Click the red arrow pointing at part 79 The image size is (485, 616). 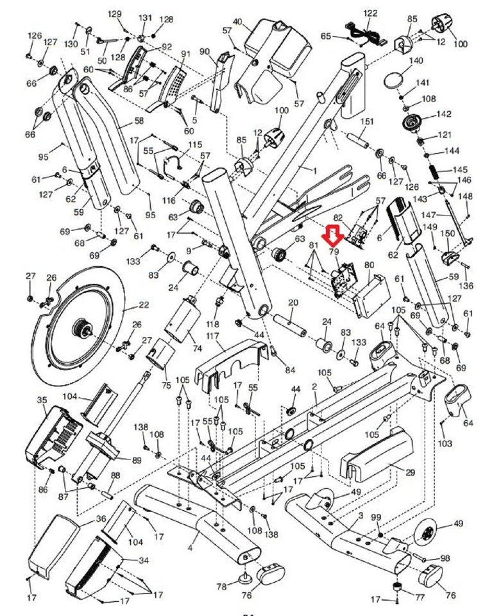(332, 235)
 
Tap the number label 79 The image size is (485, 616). (333, 253)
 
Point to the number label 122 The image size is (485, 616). (371, 13)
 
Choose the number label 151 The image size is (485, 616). (366, 122)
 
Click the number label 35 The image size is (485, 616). (42, 400)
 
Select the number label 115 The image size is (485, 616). (194, 145)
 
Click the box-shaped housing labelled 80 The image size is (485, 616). (371, 288)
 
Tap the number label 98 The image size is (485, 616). (445, 558)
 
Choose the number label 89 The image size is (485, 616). (136, 460)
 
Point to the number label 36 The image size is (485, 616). (101, 518)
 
